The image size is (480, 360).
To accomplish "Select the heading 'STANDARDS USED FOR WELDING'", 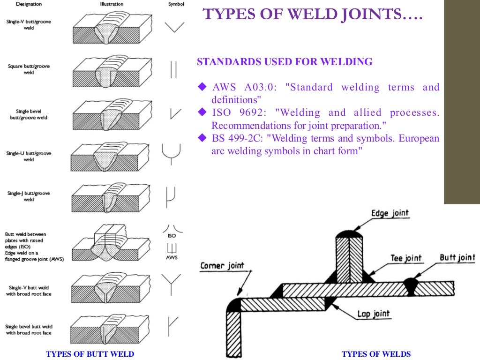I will pos(285,62).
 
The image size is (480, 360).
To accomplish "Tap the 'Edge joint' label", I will pos(390,214).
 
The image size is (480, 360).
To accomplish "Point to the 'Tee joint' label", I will pos(406,258).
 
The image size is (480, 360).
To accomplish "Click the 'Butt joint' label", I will pos(457,257).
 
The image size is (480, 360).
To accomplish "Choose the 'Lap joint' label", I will pos(373,314).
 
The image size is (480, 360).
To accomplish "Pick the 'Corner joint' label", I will pos(222,266).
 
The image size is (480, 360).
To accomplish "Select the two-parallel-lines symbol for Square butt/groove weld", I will pos(173,69).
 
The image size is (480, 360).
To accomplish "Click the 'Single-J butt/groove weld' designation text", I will pos(29,196).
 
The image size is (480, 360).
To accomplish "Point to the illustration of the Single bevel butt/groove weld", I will pos(112,114).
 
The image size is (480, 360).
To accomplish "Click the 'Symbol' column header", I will pos(176,4).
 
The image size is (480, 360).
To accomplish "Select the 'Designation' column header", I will pos(29,4).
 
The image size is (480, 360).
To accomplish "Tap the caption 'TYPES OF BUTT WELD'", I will pos(90,354).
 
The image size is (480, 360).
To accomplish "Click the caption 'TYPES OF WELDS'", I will pos(376,354).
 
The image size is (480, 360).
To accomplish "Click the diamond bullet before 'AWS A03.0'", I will pos(202,87).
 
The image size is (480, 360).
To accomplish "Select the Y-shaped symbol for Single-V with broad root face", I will pos(171,283).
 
